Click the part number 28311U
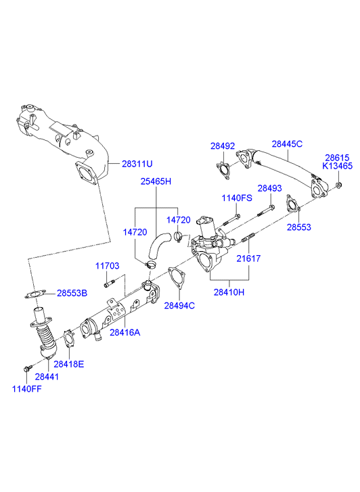(137, 164)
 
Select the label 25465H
(156, 181)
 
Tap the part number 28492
(223, 146)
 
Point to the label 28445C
(287, 143)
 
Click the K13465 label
(338, 166)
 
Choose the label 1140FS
(237, 198)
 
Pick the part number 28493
(269, 188)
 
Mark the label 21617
(248, 259)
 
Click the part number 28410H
(229, 292)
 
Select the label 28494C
(179, 305)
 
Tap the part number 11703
(108, 266)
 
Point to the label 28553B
(72, 293)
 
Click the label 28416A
(125, 332)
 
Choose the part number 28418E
(69, 364)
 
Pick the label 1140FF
(26, 388)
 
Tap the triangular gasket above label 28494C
(177, 278)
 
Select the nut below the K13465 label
(338, 185)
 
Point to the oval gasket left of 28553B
(35, 294)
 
